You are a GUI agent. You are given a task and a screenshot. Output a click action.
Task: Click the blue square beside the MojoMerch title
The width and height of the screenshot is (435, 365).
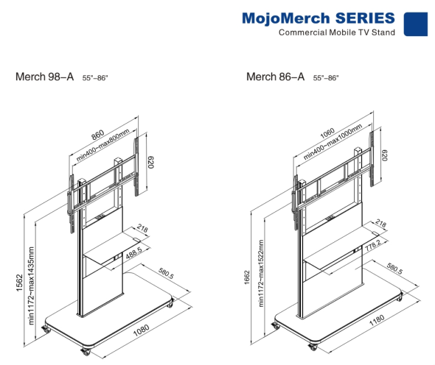415,24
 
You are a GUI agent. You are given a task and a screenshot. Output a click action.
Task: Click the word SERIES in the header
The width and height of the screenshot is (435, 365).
365,18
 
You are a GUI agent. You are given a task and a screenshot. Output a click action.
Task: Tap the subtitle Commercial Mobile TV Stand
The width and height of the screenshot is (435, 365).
337,32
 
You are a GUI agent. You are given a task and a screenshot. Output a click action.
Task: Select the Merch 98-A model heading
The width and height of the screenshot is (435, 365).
45,77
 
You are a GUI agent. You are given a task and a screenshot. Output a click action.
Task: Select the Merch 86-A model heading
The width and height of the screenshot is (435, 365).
276,77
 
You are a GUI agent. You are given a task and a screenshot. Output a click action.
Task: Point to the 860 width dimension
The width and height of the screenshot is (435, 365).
98,135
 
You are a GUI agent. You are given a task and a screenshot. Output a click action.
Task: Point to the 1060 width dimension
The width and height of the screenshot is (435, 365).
327,133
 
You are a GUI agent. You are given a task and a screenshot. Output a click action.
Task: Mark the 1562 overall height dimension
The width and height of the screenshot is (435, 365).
19,283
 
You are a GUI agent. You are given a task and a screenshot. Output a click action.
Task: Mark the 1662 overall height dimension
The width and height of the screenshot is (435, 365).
247,277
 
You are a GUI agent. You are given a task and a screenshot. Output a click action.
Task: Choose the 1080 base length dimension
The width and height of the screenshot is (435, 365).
142,330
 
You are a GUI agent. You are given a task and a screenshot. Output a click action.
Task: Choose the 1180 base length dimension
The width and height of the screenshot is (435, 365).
377,320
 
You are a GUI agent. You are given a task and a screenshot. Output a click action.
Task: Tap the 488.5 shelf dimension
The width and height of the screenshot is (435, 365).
133,253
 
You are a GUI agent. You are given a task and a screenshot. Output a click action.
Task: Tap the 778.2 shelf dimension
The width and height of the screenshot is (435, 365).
373,245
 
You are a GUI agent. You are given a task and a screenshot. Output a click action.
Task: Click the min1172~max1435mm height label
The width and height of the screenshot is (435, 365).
31,286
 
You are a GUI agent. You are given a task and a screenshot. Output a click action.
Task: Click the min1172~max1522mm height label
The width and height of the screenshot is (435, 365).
261,273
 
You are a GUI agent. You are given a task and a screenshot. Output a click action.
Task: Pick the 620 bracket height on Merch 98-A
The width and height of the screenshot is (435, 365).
150,163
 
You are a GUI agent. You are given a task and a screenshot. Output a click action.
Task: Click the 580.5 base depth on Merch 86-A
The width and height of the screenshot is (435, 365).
394,269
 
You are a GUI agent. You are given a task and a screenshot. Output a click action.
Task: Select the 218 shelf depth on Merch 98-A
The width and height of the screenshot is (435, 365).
142,228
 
